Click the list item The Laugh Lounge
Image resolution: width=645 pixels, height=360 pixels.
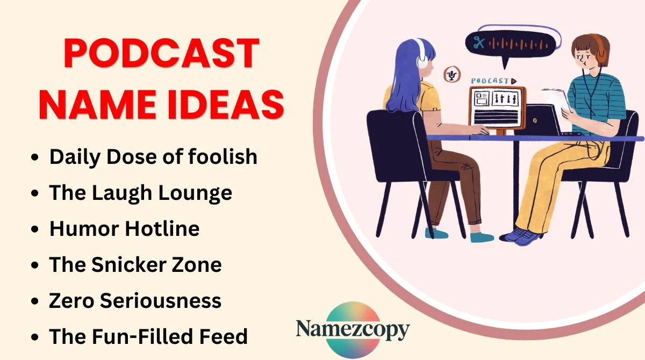click(x=141, y=193)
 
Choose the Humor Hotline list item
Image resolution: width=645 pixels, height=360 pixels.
click(x=125, y=229)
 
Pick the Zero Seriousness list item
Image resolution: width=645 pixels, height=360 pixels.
click(x=135, y=301)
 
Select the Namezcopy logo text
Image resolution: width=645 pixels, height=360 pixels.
click(x=353, y=329)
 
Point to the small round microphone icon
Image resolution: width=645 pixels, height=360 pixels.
click(x=451, y=75)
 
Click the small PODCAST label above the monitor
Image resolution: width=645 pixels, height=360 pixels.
click(x=491, y=81)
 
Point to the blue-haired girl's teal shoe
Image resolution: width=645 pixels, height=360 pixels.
click(x=436, y=233)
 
